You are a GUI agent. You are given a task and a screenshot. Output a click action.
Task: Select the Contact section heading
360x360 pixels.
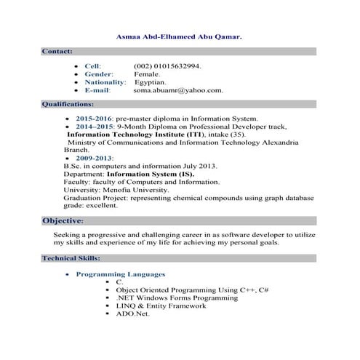click(57, 52)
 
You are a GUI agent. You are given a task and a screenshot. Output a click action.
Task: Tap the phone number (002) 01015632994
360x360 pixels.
click(167, 65)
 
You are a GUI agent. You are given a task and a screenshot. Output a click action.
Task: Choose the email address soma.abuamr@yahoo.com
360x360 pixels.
click(178, 90)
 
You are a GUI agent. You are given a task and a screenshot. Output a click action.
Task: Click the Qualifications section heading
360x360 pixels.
click(67, 105)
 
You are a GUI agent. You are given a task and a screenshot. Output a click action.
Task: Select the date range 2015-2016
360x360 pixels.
click(94, 118)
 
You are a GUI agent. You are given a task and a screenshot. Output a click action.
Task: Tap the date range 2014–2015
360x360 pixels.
click(94, 126)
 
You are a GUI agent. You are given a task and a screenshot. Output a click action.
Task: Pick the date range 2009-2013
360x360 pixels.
click(94, 158)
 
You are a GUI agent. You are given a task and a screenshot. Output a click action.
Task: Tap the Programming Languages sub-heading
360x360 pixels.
click(121, 274)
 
